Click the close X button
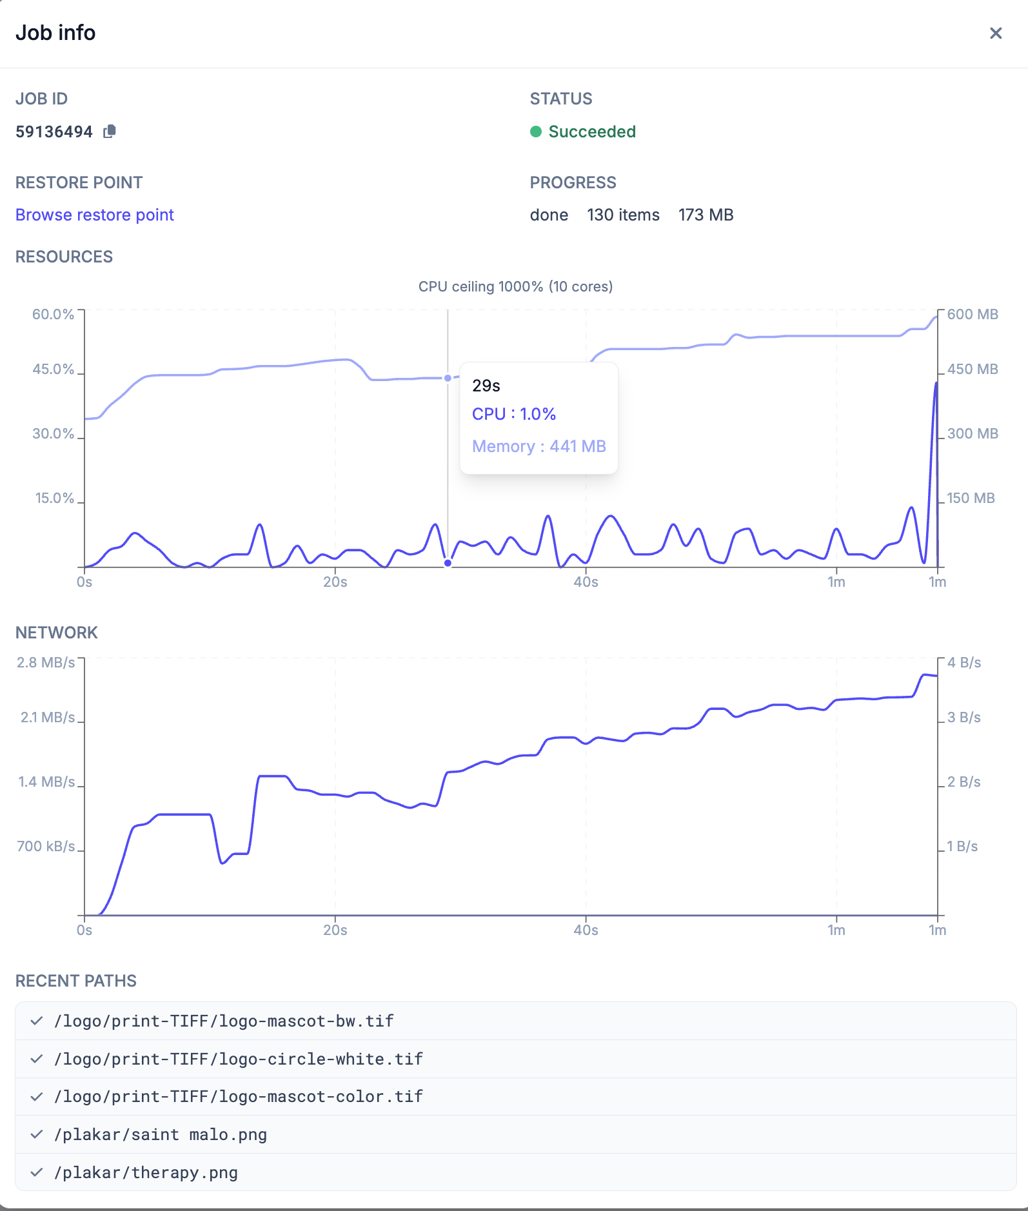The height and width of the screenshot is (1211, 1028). coord(996,33)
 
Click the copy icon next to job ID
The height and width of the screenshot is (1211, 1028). coord(110,132)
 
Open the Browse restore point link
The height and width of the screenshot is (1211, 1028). coord(95,215)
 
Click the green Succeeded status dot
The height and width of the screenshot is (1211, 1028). coord(536,132)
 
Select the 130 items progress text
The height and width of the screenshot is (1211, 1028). coord(623,215)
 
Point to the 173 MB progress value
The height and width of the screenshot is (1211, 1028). coord(706,215)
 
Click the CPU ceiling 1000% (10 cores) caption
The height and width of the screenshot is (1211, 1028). coord(515,286)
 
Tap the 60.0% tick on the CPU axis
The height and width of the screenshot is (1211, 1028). coord(54,314)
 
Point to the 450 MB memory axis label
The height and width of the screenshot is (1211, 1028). coord(973,369)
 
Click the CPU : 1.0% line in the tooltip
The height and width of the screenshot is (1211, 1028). coord(514,414)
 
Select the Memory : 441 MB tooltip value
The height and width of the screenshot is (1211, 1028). coord(539,446)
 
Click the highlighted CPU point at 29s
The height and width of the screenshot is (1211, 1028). coord(448,563)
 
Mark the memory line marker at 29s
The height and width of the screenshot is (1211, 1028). coord(448,378)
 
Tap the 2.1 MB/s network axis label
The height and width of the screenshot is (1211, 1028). coord(48,717)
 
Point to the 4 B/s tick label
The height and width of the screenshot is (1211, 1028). coord(964,662)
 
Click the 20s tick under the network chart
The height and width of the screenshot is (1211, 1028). coord(335,930)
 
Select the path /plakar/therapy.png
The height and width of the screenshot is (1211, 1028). coord(146,1172)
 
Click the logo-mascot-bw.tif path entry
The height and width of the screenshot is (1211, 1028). coord(224,1021)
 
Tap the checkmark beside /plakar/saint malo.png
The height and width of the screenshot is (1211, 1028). coord(37,1134)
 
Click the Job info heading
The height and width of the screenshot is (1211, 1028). coord(55,33)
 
